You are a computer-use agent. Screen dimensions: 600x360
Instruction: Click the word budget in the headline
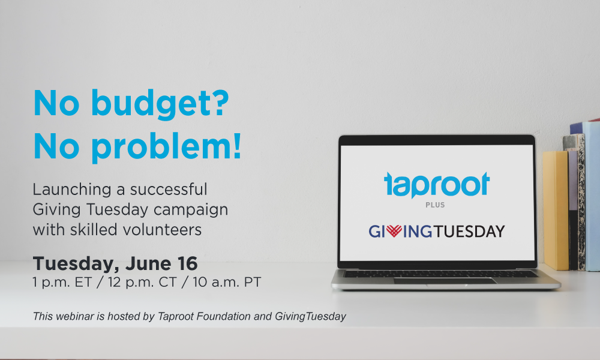pyautogui.click(x=160, y=104)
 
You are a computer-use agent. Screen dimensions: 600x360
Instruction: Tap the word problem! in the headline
pyautogui.click(x=166, y=147)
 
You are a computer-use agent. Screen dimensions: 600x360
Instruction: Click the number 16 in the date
pyautogui.click(x=187, y=263)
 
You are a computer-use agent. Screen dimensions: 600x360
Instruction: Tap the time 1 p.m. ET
pyautogui.click(x=62, y=283)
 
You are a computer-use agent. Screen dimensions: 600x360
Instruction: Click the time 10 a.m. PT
pyautogui.click(x=227, y=283)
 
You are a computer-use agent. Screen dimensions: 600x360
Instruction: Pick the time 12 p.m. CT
pyautogui.click(x=142, y=283)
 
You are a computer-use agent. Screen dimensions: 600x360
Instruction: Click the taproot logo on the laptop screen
pyautogui.click(x=437, y=185)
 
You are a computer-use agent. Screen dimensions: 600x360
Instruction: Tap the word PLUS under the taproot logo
pyautogui.click(x=435, y=205)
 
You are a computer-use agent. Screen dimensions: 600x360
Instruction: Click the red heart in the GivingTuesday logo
pyautogui.click(x=394, y=230)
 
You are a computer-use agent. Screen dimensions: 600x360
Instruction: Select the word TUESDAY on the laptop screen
pyautogui.click(x=469, y=232)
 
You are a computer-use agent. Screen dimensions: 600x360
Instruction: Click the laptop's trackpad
pyautogui.click(x=445, y=281)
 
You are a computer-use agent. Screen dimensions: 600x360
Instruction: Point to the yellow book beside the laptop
pyautogui.click(x=555, y=211)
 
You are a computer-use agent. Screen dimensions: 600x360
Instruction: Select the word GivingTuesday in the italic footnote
pyautogui.click(x=310, y=317)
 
